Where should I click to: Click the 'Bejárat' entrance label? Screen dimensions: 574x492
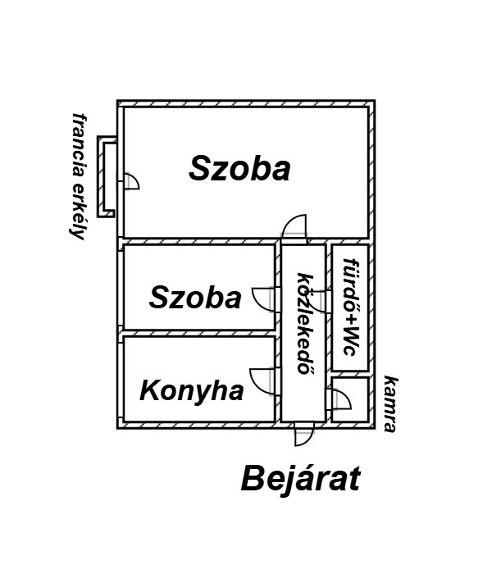click(x=300, y=478)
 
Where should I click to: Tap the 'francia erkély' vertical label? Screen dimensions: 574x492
click(x=80, y=175)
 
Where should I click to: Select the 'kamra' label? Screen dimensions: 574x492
click(x=390, y=403)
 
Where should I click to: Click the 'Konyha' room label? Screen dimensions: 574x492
click(x=192, y=390)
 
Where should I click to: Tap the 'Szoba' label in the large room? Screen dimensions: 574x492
click(x=239, y=169)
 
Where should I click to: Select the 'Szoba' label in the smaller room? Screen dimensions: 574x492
click(x=195, y=298)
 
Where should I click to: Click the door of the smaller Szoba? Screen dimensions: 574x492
click(x=265, y=297)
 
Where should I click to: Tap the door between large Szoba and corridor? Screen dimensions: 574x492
click(x=294, y=228)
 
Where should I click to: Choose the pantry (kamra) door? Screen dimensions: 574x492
click(x=340, y=399)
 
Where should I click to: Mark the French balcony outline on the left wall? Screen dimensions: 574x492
click(x=107, y=176)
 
